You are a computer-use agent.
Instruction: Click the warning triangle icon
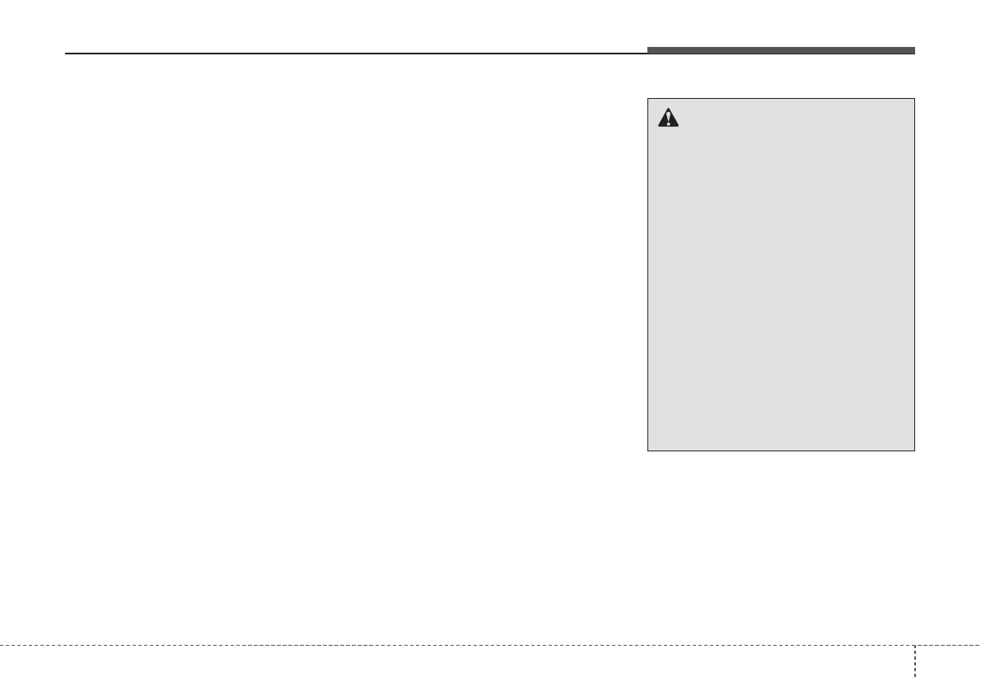click(x=668, y=119)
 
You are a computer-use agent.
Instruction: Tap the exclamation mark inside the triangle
click(x=668, y=120)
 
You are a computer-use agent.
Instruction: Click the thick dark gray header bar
click(x=780, y=51)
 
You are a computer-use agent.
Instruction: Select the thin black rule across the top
click(x=354, y=54)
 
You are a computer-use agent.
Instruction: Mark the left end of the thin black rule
click(x=66, y=54)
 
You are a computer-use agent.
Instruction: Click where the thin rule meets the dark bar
click(x=647, y=54)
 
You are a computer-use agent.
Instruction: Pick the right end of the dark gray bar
click(x=914, y=51)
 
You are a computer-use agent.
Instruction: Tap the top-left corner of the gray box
click(x=648, y=99)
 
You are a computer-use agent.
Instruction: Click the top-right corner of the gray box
click(x=914, y=99)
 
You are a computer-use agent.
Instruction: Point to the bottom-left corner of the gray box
click(x=648, y=451)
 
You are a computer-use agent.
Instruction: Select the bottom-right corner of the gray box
click(x=914, y=451)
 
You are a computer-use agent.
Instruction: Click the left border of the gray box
click(x=648, y=274)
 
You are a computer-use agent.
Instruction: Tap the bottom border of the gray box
click(x=781, y=451)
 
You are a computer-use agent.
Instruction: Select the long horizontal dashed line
click(x=453, y=645)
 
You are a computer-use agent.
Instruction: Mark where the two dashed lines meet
click(x=914, y=645)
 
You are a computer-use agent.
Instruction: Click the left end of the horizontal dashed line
click(x=2, y=645)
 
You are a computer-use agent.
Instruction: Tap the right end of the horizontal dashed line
click(x=979, y=645)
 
